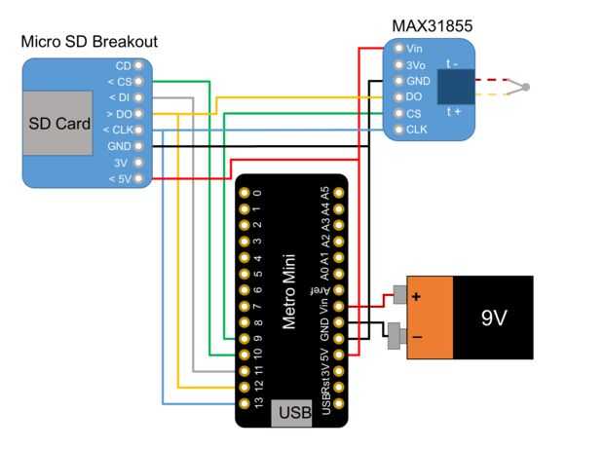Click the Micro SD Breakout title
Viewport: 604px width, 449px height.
89,42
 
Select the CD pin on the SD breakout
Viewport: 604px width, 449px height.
138,64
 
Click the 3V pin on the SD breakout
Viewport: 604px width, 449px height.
138,163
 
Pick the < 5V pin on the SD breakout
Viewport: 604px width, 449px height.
138,179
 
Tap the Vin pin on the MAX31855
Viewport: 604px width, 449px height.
399,48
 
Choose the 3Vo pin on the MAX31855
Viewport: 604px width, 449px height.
399,64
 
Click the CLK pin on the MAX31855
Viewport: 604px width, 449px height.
399,129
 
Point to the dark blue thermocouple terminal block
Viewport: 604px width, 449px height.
456,88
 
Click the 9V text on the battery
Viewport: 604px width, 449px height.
495,318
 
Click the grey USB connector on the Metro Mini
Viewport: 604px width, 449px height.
292,412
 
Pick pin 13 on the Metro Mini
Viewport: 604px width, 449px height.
244,402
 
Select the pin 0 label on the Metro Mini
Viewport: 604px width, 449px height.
257,192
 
